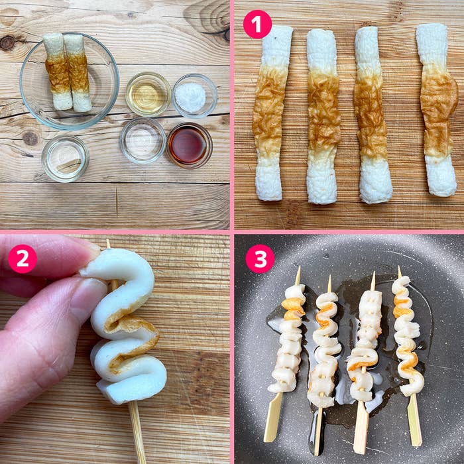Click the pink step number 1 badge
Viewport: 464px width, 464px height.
click(257, 25)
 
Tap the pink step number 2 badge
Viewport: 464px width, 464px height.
click(23, 259)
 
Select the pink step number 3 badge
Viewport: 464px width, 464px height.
click(260, 259)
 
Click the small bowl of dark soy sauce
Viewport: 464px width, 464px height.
click(189, 146)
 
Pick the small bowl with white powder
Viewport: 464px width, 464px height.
click(195, 96)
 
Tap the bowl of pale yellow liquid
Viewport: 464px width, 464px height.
click(148, 94)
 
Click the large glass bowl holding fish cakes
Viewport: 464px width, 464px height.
click(70, 81)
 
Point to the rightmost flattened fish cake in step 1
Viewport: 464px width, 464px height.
click(437, 109)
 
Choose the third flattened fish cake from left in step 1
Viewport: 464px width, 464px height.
click(373, 115)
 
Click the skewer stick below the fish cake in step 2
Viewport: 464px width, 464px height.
click(137, 432)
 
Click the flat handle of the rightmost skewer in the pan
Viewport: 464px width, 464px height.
click(415, 420)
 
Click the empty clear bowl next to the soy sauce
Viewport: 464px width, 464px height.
click(143, 141)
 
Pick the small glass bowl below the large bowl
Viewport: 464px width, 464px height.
click(65, 159)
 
